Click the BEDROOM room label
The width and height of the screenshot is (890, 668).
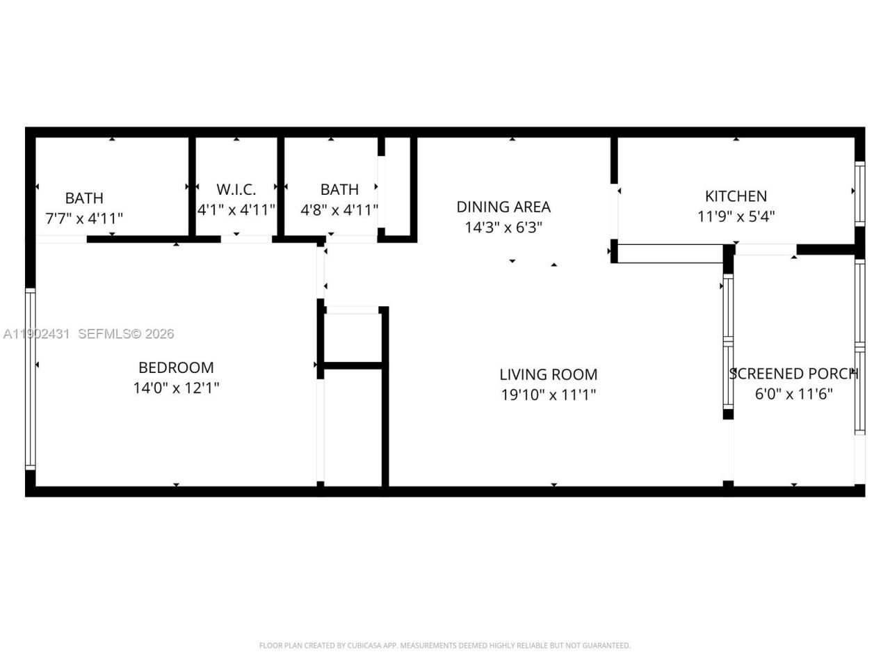tap(176, 367)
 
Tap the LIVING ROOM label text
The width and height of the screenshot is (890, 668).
tap(548, 374)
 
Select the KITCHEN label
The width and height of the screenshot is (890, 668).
tap(736, 196)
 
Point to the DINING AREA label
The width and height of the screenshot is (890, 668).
tap(503, 207)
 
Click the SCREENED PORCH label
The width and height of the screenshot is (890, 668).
tap(793, 374)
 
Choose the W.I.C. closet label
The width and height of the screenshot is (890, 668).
tap(236, 189)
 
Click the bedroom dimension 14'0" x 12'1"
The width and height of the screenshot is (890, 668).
tap(176, 388)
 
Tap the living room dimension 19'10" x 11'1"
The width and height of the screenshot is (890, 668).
tap(548, 395)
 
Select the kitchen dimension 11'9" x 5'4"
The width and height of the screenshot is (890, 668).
tap(736, 216)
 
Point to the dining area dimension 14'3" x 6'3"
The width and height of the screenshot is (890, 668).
tap(503, 227)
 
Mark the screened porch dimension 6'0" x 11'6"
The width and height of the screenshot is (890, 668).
tap(793, 394)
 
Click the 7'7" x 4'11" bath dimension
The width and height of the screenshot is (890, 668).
tap(84, 218)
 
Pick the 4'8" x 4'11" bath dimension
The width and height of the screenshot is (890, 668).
tap(339, 209)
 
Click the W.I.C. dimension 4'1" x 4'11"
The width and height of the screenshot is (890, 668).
tap(236, 209)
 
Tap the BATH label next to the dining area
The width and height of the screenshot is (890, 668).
tap(339, 189)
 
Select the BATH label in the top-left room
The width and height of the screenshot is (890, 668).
tap(84, 198)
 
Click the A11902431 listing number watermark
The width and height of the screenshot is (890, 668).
tap(36, 334)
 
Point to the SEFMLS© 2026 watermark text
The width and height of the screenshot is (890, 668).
tap(126, 334)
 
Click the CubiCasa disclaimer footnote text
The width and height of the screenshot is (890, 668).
tap(445, 646)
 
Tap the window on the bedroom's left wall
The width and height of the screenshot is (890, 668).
tap(30, 379)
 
